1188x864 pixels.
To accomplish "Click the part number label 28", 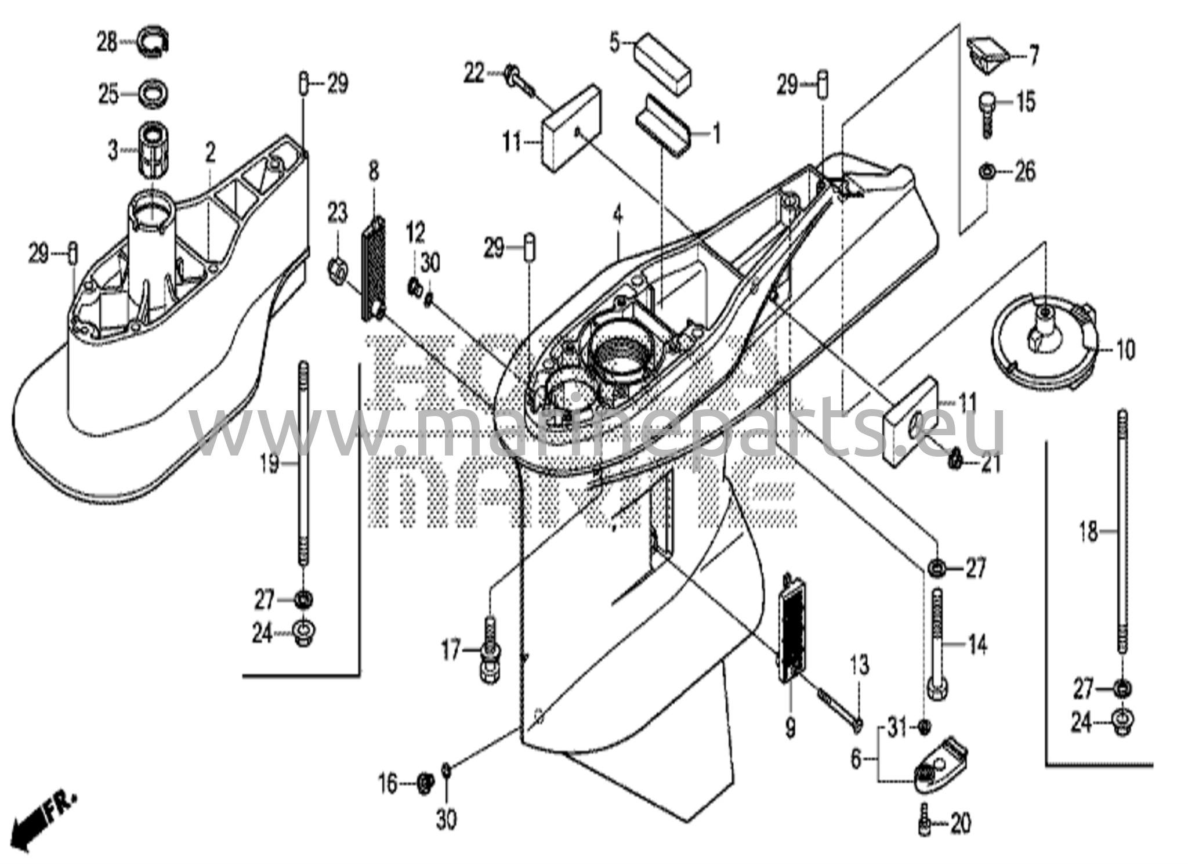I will click(x=106, y=42).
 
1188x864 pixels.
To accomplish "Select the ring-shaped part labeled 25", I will click(x=154, y=92).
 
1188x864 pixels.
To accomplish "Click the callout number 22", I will click(x=474, y=74).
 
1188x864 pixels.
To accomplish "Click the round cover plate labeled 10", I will click(x=1044, y=349).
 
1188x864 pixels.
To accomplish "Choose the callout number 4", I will click(x=618, y=216).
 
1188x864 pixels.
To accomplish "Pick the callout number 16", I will click(x=387, y=785).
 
